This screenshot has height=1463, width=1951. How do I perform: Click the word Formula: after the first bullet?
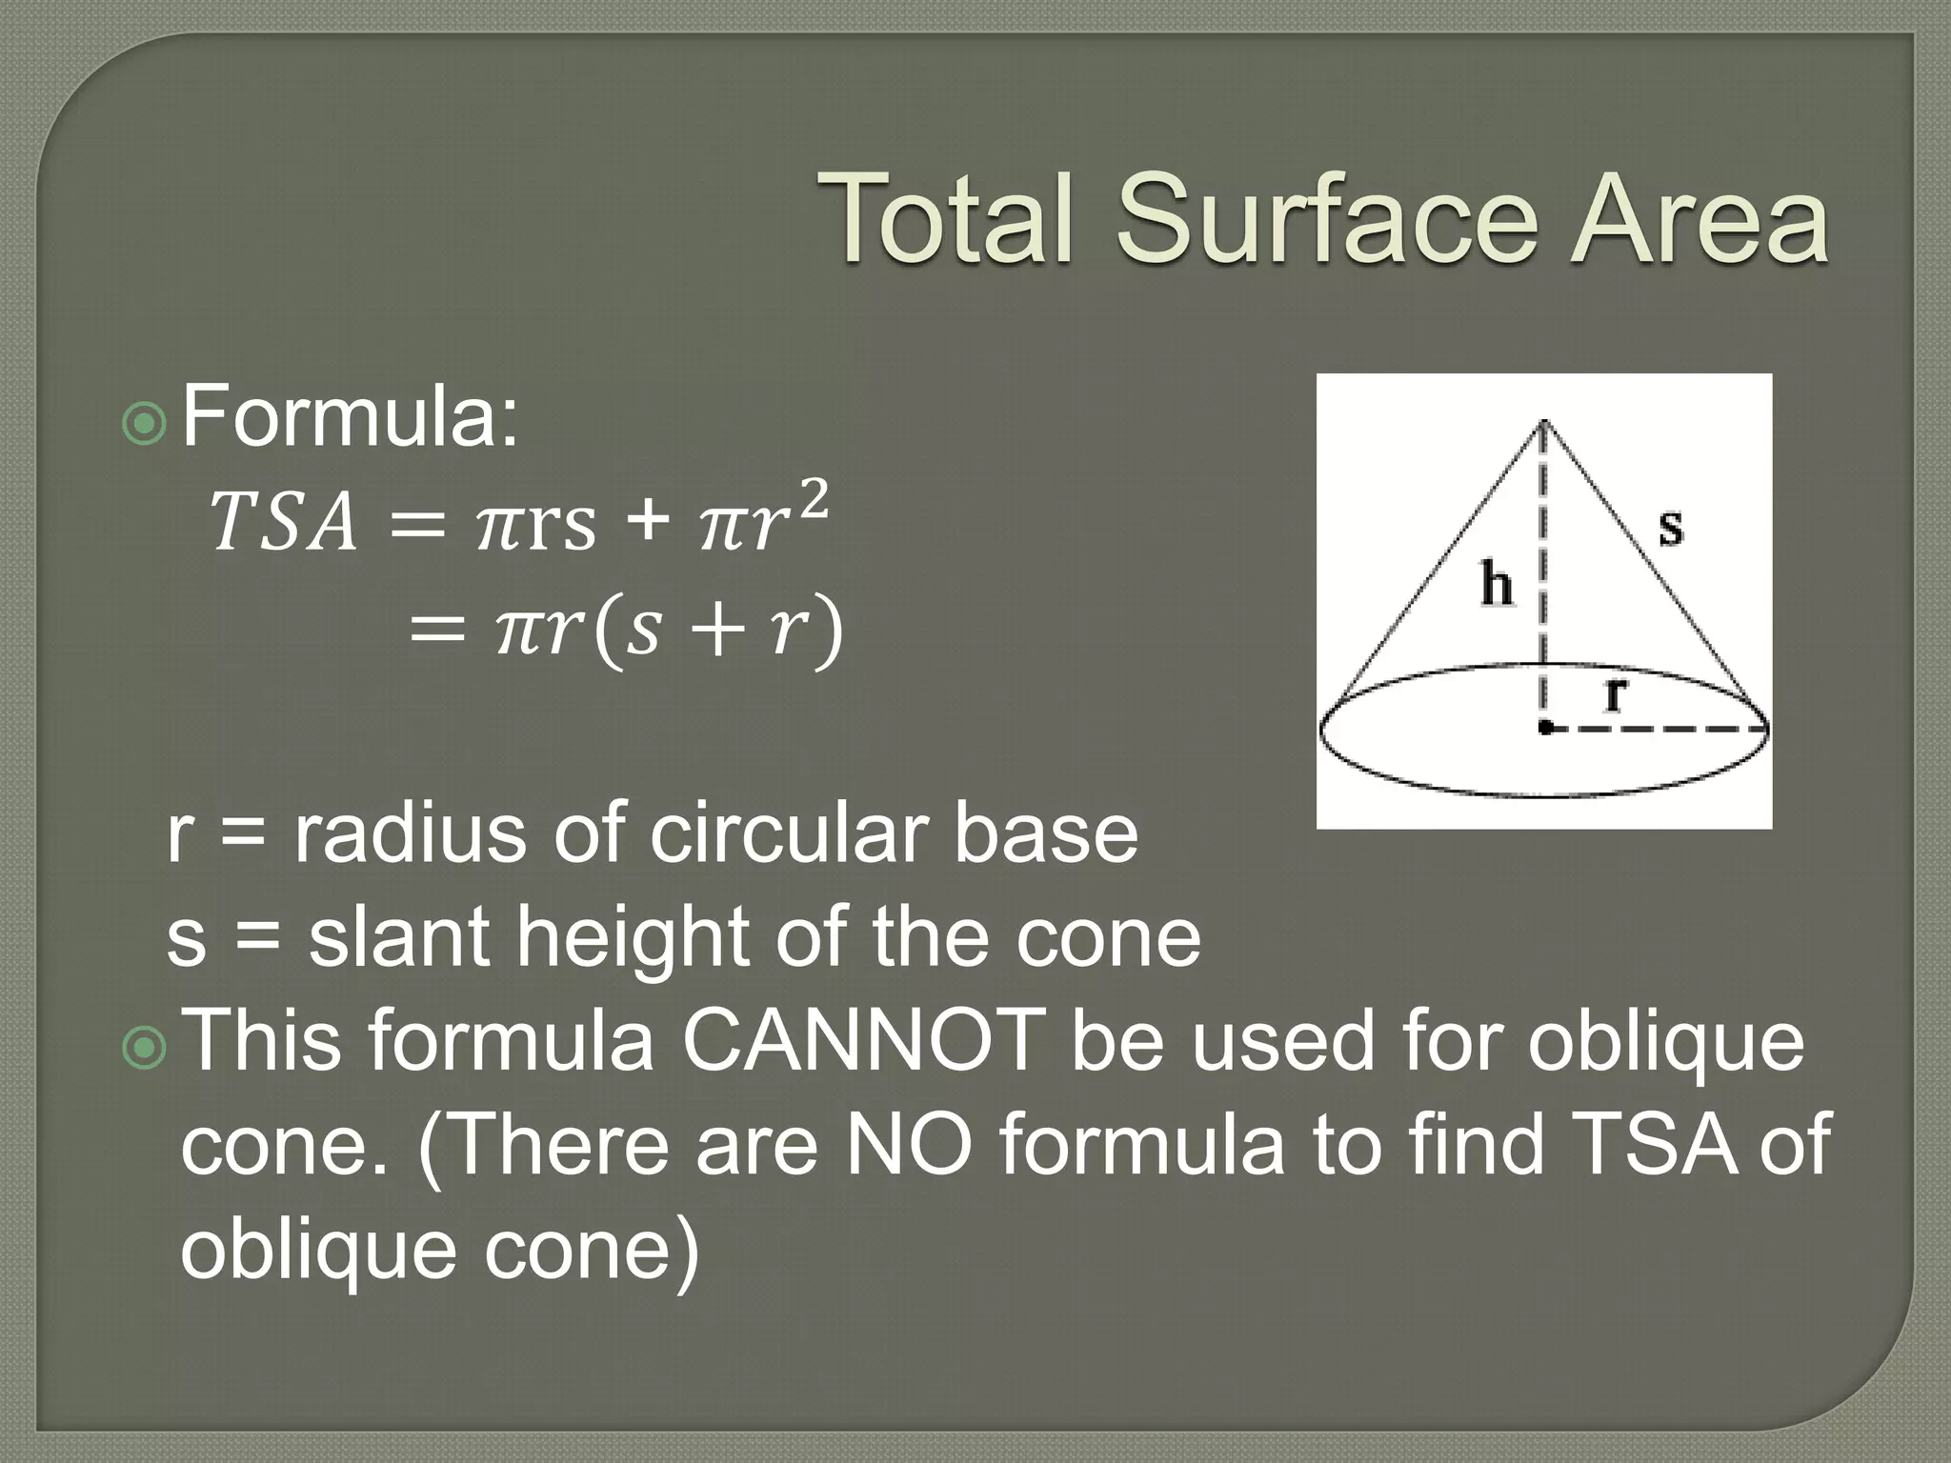(351, 415)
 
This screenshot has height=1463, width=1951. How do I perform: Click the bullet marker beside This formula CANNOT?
(145, 1047)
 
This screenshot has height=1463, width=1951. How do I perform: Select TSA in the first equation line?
(284, 523)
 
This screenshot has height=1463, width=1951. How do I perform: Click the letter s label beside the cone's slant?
(1671, 526)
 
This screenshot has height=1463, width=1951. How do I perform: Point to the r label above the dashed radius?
(1614, 693)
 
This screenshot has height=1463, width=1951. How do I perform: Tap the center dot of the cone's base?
(1544, 729)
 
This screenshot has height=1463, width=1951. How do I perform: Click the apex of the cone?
(1544, 420)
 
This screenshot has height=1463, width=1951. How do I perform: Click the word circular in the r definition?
(788, 833)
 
